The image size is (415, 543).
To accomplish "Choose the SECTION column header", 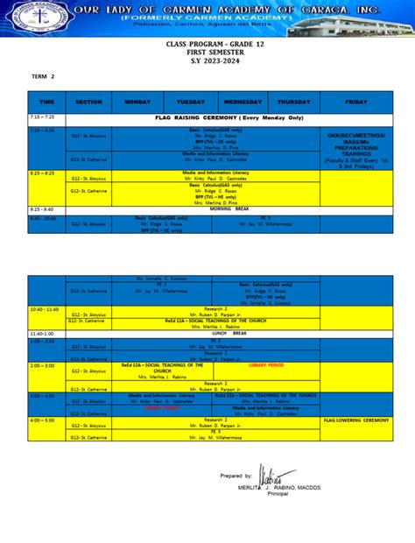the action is click(x=88, y=102).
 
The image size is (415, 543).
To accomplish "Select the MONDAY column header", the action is click(x=137, y=102).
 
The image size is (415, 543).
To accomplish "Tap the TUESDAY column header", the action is click(x=190, y=102).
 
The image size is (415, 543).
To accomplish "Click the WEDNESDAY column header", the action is click(x=243, y=102).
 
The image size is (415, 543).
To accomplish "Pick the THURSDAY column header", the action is click(x=293, y=102).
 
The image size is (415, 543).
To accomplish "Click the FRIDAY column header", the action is click(x=356, y=102).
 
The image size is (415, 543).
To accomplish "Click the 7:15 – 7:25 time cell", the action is click(x=42, y=116).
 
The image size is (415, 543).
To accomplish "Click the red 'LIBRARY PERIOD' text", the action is click(x=266, y=364).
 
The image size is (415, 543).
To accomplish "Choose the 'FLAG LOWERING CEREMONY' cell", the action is click(x=355, y=420).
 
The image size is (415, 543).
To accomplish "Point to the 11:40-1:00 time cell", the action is click(x=42, y=334).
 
